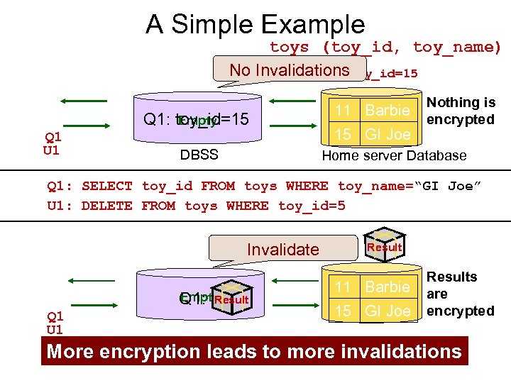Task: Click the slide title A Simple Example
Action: tap(255, 25)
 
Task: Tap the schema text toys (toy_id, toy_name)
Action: tap(385, 48)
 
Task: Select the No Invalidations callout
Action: tap(289, 70)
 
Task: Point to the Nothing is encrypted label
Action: tap(461, 111)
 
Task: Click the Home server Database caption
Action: tap(394, 155)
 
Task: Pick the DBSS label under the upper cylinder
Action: tap(199, 155)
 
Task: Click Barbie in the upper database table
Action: tap(387, 111)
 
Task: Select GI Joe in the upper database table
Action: tap(387, 134)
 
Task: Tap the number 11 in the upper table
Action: tap(344, 111)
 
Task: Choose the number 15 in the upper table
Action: tap(344, 134)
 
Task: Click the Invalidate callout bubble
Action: tap(282, 250)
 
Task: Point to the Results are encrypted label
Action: tap(460, 294)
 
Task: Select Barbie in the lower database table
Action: tap(387, 287)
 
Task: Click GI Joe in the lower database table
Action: tap(387, 311)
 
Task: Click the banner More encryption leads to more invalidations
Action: tap(254, 351)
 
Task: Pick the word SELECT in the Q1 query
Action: tap(106, 187)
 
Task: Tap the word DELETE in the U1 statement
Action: tap(106, 206)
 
